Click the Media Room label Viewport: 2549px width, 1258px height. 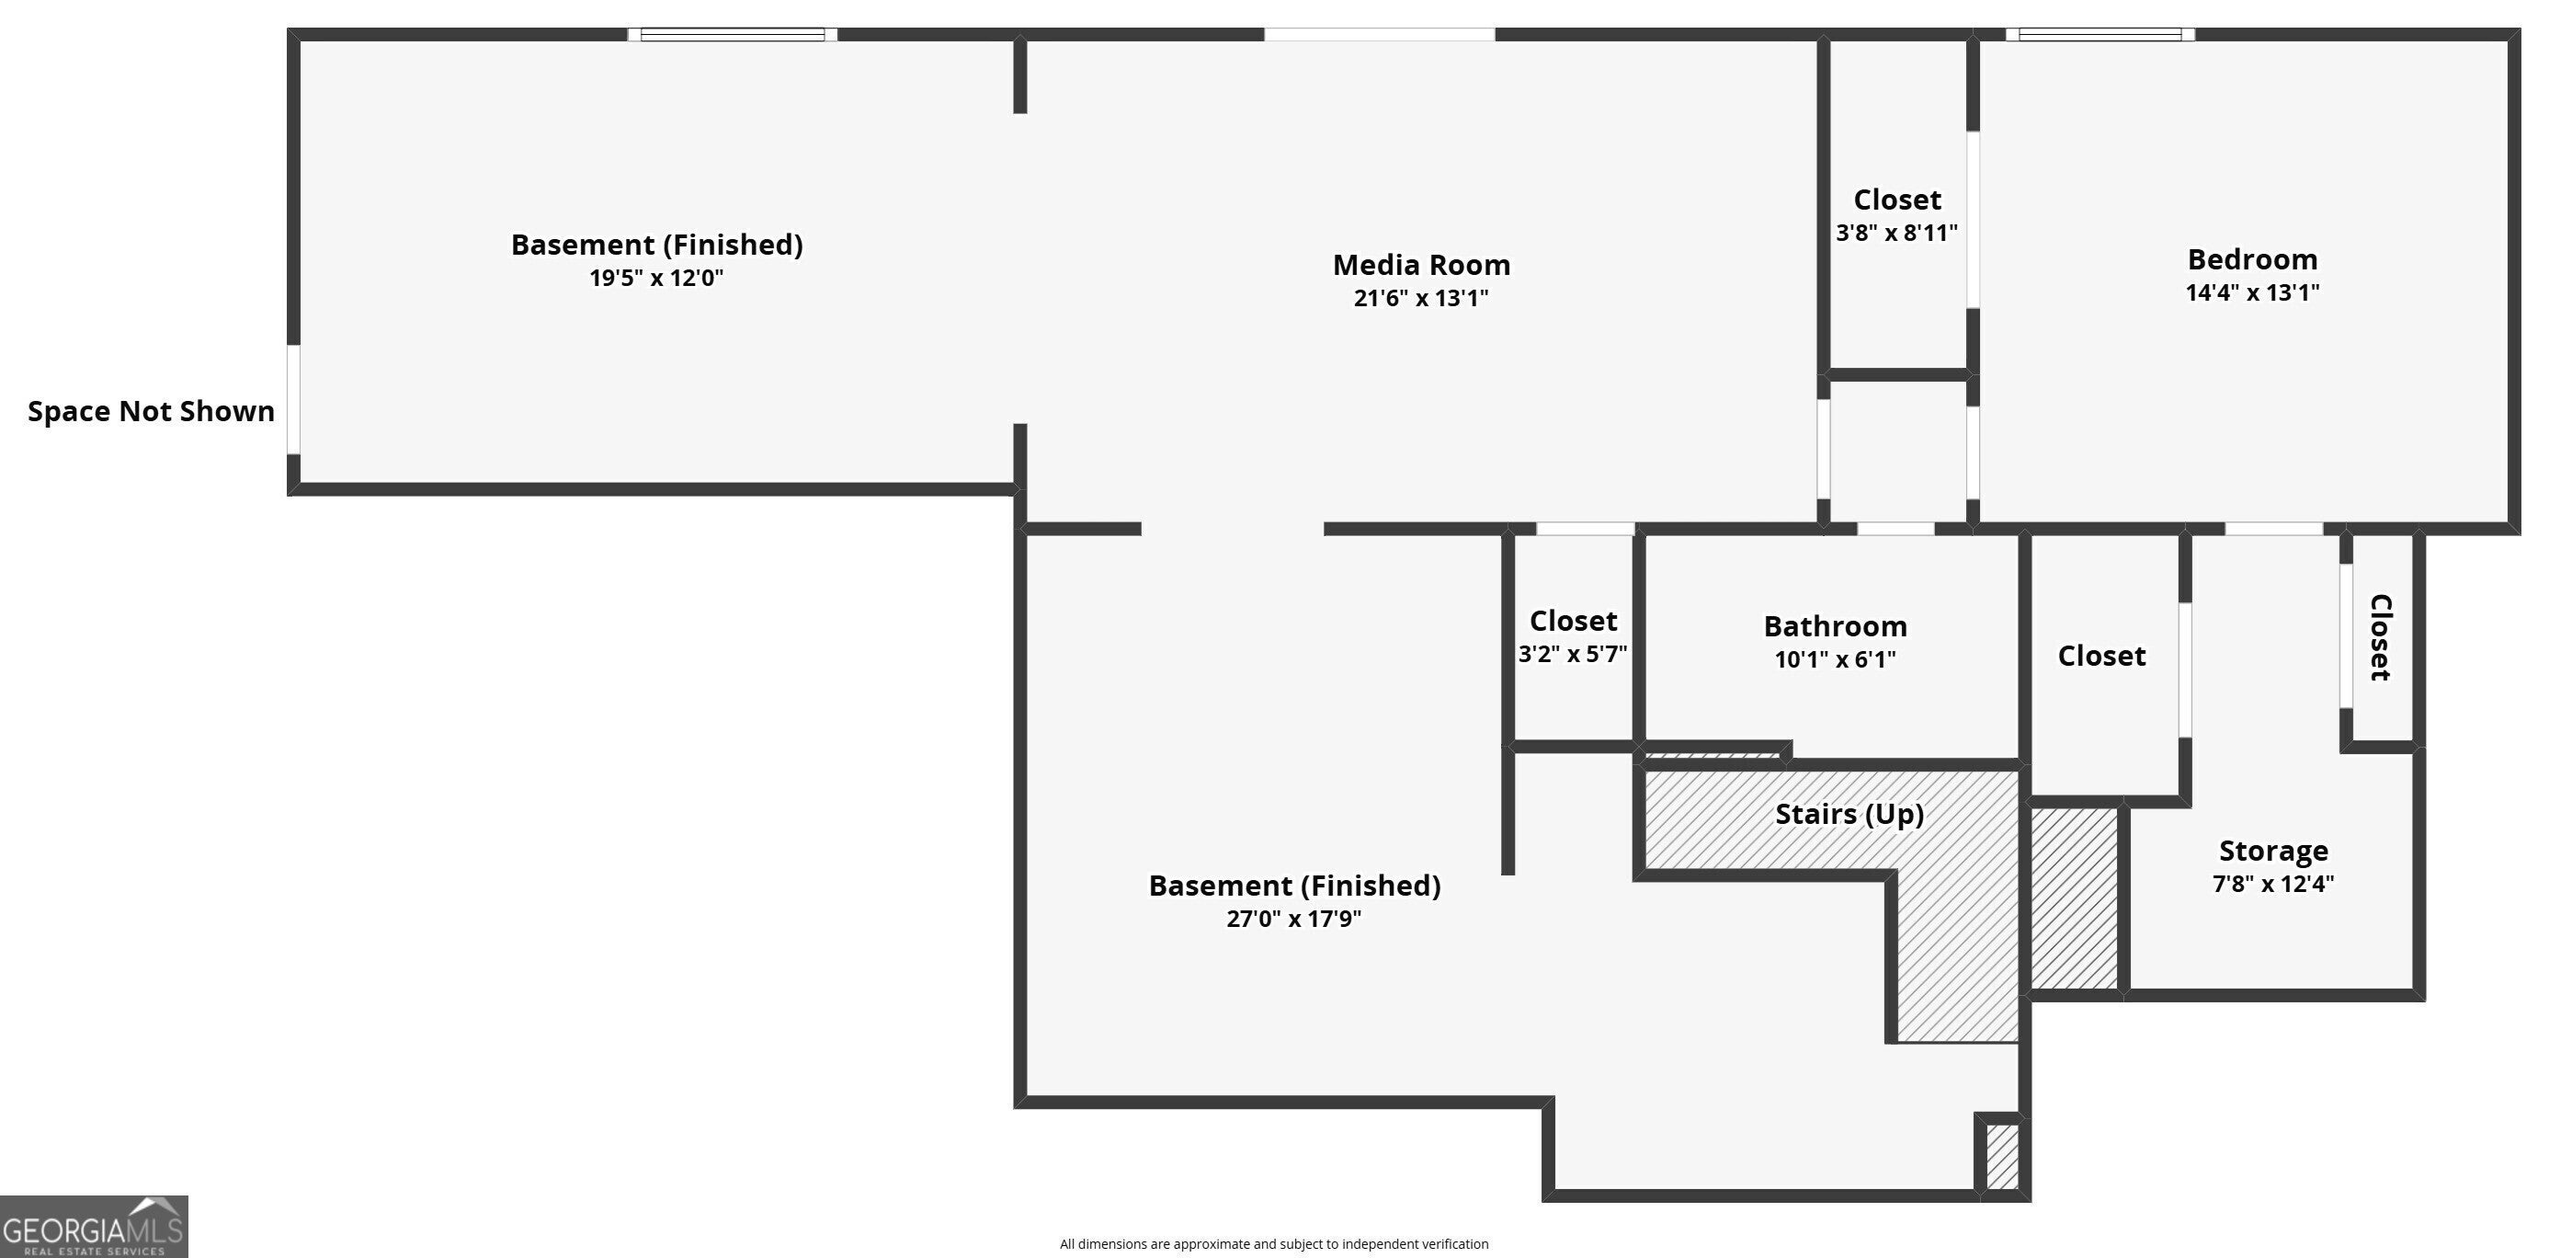pos(1421,265)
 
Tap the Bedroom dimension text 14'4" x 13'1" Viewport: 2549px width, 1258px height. pos(2252,293)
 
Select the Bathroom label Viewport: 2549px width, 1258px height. pos(1835,626)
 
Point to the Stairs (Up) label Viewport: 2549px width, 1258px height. pos(1849,815)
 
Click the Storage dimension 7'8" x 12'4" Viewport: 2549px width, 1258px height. pos(2273,884)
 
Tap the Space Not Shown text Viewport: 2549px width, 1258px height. pos(152,412)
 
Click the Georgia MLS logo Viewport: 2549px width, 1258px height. pos(93,1228)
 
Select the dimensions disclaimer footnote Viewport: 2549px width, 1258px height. pos(1273,1244)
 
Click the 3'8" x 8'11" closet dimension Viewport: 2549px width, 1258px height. pos(1896,234)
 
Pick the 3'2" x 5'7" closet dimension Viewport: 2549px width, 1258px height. pos(1573,654)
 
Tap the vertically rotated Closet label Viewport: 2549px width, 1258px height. pos(2381,637)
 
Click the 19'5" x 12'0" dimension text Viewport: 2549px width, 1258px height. pos(656,278)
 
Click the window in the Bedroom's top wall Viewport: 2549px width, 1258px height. pos(2100,35)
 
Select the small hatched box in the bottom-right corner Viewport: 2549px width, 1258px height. pos(2002,1156)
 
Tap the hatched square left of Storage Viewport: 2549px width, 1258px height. pos(2074,898)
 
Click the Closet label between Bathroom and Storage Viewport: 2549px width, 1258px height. pos(2101,657)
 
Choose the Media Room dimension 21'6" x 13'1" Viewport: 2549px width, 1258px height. pos(1421,299)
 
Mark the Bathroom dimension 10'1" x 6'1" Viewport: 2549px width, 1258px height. pos(1835,660)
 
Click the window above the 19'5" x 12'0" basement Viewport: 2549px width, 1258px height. pos(733,35)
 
